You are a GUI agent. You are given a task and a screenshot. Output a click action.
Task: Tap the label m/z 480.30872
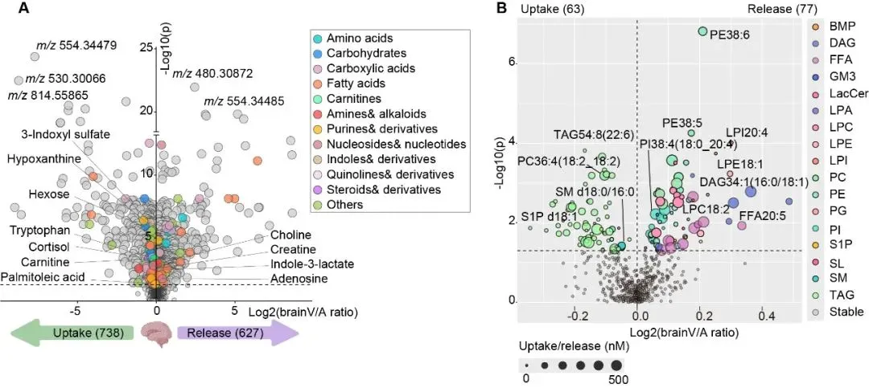tap(212, 73)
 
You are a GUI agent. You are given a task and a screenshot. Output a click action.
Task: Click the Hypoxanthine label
tap(44, 159)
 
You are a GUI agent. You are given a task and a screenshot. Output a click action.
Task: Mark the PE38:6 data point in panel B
tap(702, 31)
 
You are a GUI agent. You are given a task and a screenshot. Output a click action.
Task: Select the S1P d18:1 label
tap(542, 216)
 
